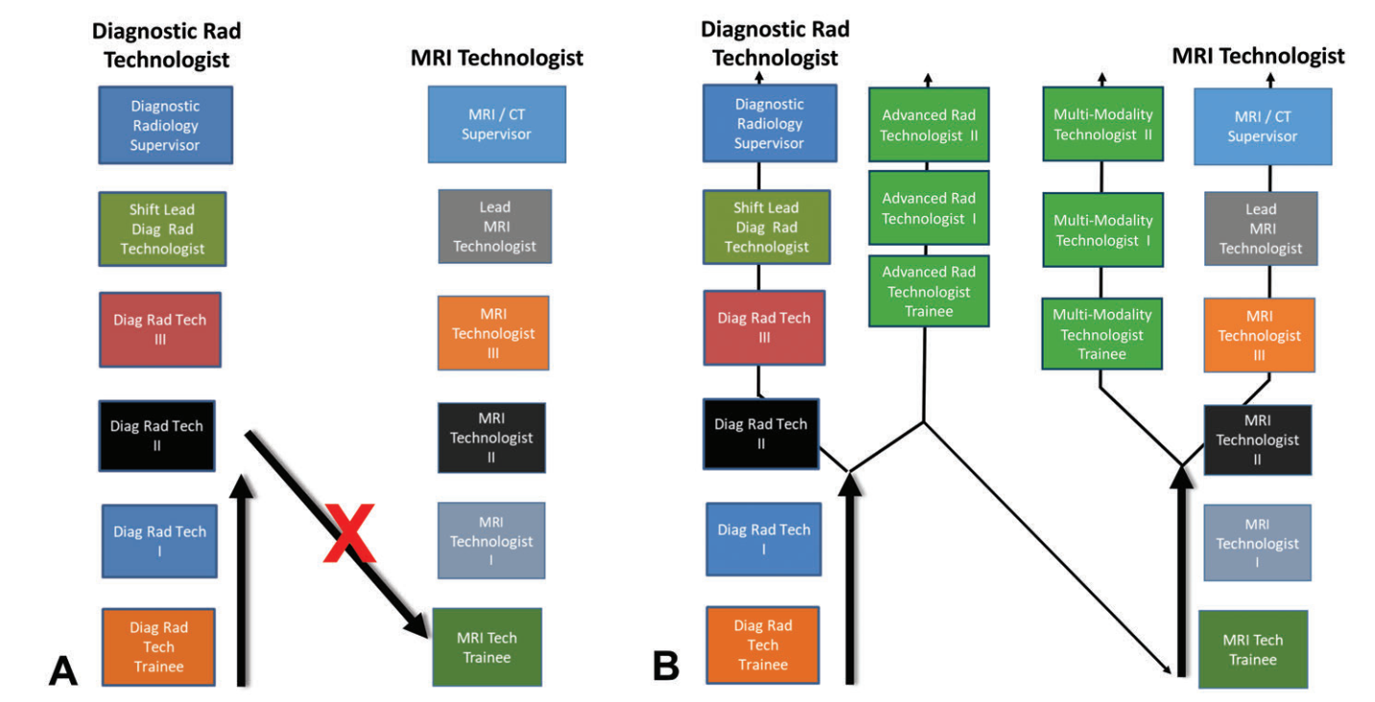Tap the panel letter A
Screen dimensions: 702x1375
click(62, 668)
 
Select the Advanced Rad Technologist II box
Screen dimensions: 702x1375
click(929, 125)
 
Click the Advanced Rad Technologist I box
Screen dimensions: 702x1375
click(929, 207)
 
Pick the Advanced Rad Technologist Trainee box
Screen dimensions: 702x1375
click(929, 291)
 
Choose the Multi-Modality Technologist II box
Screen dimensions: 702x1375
click(1102, 124)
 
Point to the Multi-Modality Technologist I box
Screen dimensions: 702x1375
click(1102, 230)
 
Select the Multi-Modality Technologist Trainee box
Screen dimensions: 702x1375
click(1102, 333)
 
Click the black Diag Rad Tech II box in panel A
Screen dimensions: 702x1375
click(157, 436)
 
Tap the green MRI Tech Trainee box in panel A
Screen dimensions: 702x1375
click(487, 647)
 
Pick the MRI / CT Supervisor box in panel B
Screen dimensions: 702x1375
click(1263, 126)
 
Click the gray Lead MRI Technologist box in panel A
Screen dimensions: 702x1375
click(495, 227)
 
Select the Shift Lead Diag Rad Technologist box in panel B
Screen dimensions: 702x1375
click(766, 228)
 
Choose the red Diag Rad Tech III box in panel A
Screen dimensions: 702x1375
click(159, 329)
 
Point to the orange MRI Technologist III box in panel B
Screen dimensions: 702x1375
click(1259, 335)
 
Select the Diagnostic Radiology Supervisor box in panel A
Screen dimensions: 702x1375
click(165, 125)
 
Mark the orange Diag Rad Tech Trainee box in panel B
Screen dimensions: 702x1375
click(763, 644)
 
